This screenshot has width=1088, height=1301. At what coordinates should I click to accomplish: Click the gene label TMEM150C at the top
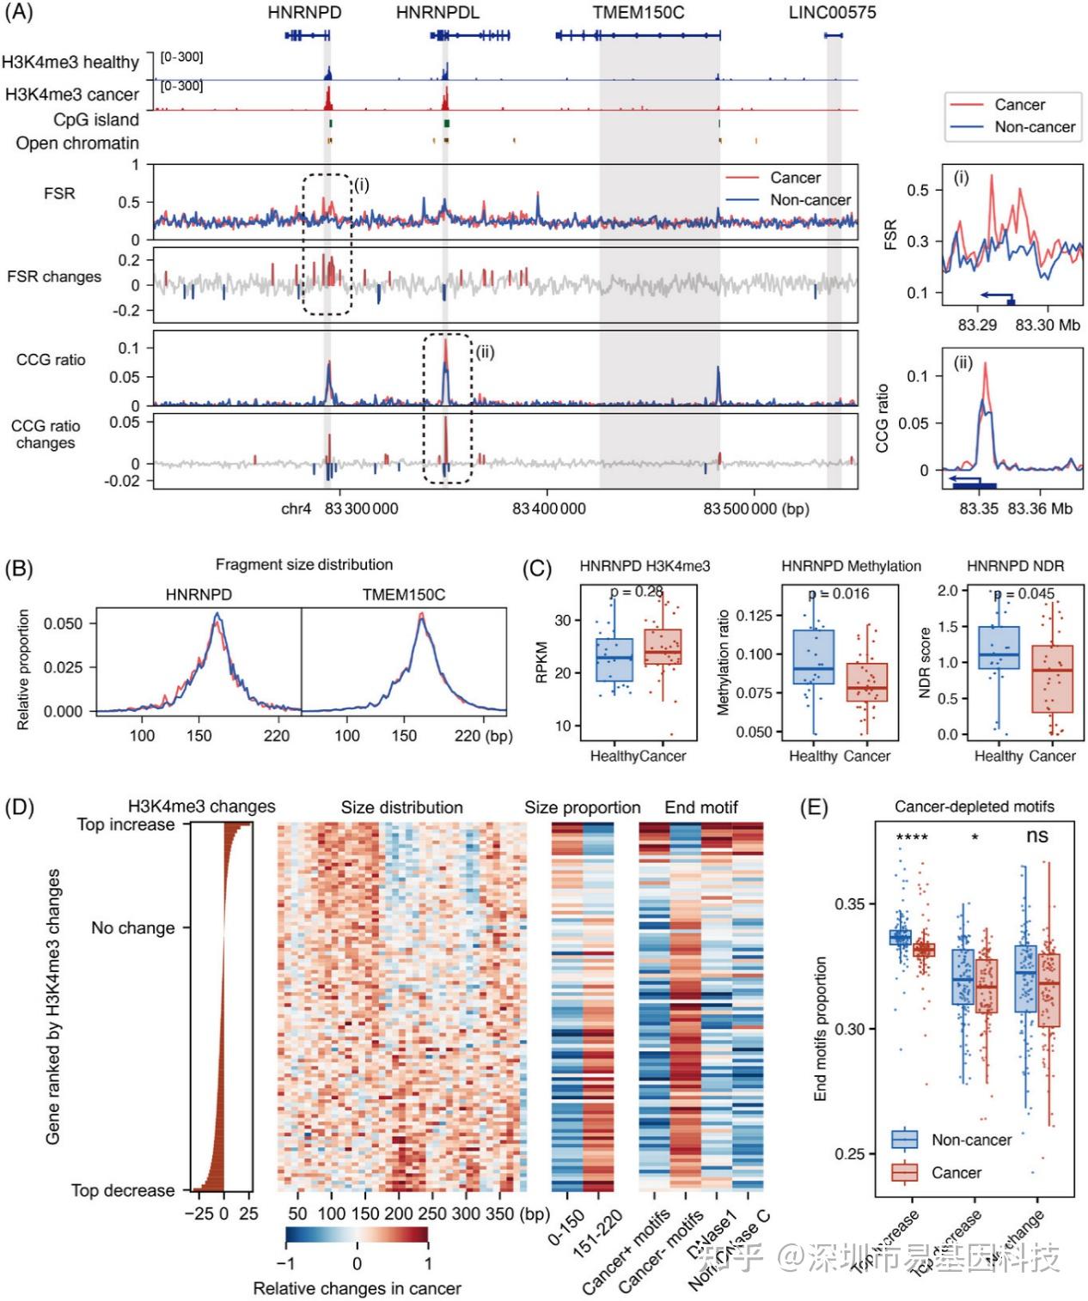(638, 13)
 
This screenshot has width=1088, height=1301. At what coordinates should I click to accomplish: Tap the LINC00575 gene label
(832, 13)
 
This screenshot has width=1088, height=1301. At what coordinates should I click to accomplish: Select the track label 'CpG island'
(95, 119)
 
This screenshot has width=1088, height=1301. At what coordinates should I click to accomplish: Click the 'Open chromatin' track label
(77, 143)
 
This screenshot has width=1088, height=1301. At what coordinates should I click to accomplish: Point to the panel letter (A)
(18, 12)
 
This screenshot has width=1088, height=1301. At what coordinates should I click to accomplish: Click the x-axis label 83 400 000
(548, 509)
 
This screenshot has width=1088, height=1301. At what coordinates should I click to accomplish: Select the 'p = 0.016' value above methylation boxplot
(839, 594)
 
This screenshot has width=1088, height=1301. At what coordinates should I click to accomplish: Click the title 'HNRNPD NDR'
(1015, 566)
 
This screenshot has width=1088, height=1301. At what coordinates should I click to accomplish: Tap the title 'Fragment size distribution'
(303, 564)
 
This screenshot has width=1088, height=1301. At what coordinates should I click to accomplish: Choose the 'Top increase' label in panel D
(125, 824)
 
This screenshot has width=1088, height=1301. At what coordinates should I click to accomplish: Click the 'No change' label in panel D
(132, 928)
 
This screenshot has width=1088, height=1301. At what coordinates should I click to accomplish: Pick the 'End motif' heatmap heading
(700, 807)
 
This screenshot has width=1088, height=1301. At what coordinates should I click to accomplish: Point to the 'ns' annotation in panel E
(1037, 836)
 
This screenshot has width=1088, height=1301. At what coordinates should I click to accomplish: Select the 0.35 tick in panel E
(850, 904)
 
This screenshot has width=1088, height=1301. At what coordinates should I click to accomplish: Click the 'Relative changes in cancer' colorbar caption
(357, 1288)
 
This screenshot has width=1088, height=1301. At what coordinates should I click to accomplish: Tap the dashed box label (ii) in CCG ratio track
(485, 352)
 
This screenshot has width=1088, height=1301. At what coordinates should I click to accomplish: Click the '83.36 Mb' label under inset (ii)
(1040, 509)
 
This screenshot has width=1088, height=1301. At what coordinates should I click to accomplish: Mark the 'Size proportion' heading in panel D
(582, 807)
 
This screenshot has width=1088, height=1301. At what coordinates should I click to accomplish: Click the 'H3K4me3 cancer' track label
(72, 94)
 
